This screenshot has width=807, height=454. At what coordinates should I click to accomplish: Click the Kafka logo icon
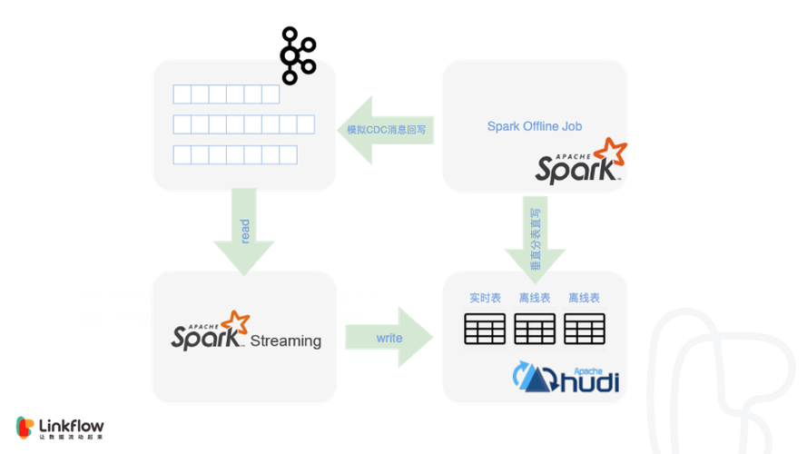tap(296, 55)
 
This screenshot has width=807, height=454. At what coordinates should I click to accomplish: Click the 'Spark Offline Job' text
tap(535, 126)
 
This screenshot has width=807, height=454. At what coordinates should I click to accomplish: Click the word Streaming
tap(285, 341)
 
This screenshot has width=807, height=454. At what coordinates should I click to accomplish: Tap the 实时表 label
tap(485, 298)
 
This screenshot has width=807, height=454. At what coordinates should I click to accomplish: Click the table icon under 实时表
tap(485, 329)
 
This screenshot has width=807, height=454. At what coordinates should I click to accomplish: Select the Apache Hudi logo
tap(566, 377)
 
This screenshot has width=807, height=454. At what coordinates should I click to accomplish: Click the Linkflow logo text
tap(72, 424)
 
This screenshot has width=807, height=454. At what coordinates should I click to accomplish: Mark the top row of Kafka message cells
tap(226, 94)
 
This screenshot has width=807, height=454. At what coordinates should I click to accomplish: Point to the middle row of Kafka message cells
tap(243, 124)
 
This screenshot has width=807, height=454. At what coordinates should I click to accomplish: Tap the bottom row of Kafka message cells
tap(235, 154)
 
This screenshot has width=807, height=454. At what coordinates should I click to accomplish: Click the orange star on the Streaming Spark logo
tap(237, 322)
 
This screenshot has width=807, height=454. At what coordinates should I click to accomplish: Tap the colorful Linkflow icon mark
tap(25, 428)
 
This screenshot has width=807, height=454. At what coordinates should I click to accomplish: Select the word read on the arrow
tap(244, 231)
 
